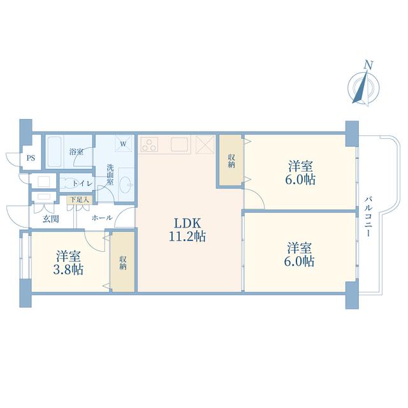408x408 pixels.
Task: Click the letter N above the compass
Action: point(368,65)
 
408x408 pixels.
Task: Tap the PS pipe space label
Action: point(31,158)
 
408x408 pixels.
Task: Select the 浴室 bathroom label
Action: point(76,152)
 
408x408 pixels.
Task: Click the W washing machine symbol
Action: point(123,143)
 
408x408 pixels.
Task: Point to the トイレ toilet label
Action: point(82,184)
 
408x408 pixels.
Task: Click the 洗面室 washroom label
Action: point(110,174)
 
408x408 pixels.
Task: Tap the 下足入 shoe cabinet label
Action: point(80,200)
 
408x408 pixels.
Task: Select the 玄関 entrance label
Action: point(51,219)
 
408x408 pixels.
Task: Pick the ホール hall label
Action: point(102,217)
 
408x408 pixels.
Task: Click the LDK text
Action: point(187,224)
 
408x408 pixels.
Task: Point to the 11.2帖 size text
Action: point(187,237)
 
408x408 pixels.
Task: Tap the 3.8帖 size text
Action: point(68,270)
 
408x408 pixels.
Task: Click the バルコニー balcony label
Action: point(368,217)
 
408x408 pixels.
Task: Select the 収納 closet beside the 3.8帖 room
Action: point(123,263)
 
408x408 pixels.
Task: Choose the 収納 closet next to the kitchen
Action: point(231,161)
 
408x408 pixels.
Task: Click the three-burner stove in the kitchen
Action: point(149,145)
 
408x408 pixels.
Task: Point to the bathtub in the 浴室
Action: point(54,152)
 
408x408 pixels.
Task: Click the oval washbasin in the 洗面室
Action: point(127,185)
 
